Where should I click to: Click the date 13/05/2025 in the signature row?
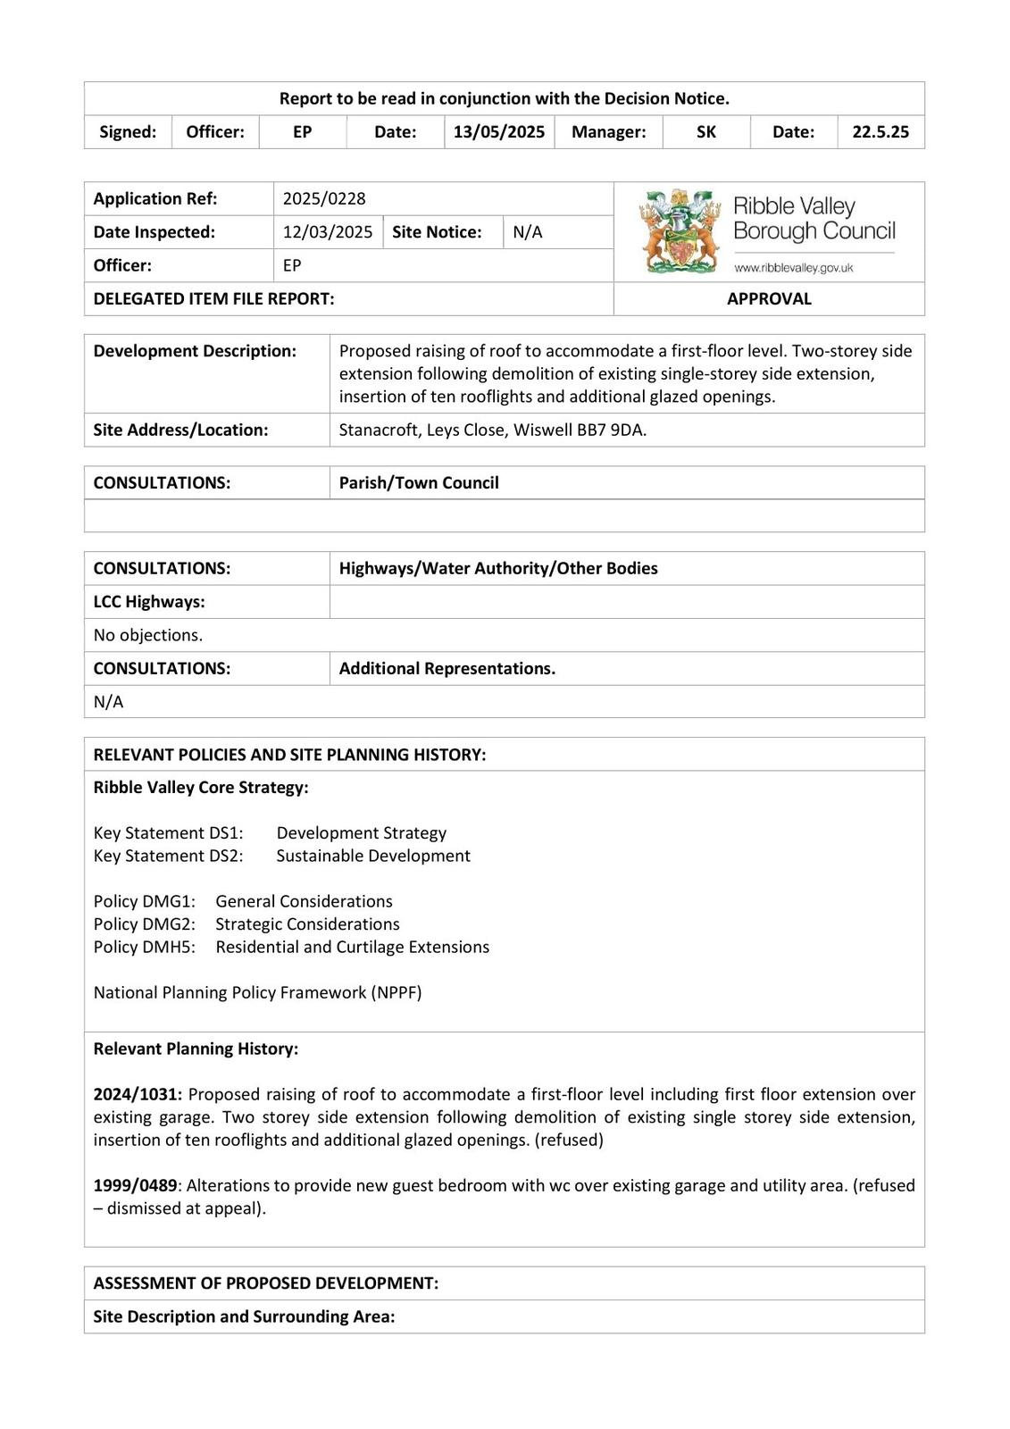click(x=498, y=132)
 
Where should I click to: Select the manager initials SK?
click(x=705, y=132)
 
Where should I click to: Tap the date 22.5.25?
click(x=880, y=132)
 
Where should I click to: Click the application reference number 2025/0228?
click(x=324, y=198)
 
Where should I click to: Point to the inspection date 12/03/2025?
click(x=328, y=232)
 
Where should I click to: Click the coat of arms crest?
click(x=680, y=231)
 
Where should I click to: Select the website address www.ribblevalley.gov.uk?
click(x=793, y=268)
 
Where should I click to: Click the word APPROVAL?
click(x=769, y=299)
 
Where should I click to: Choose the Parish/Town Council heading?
click(x=419, y=483)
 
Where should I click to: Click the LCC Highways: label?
click(x=149, y=602)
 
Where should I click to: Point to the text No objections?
click(x=148, y=635)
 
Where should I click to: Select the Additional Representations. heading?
click(x=447, y=669)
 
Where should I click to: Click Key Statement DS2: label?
click(x=168, y=856)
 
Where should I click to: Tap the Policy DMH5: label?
click(x=144, y=947)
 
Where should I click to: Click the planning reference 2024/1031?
click(x=138, y=1094)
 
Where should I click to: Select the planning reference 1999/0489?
click(x=136, y=1185)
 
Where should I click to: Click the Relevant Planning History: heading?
click(x=196, y=1049)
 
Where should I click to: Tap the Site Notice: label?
click(x=437, y=232)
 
